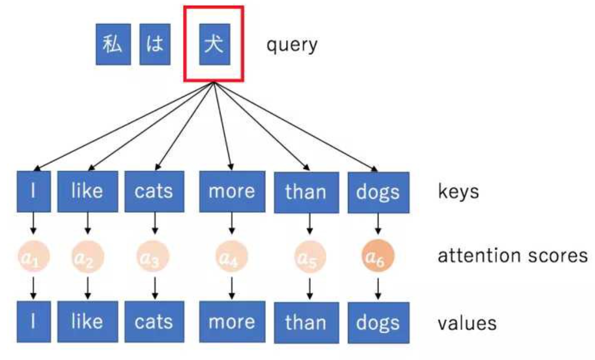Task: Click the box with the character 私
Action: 113,44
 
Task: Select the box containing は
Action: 155,44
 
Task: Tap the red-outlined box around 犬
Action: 214,43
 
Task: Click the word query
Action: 291,45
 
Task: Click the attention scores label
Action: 513,256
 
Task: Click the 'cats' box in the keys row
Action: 154,191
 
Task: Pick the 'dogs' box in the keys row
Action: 378,192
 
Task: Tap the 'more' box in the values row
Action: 232,322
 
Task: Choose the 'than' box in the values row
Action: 306,323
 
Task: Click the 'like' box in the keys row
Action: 88,191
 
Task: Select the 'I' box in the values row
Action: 33,321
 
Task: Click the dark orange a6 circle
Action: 378,257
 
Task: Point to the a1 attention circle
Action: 33,257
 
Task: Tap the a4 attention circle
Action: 232,257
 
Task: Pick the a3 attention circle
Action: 154,257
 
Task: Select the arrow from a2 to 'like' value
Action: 88,288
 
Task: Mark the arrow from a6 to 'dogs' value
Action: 378,288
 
